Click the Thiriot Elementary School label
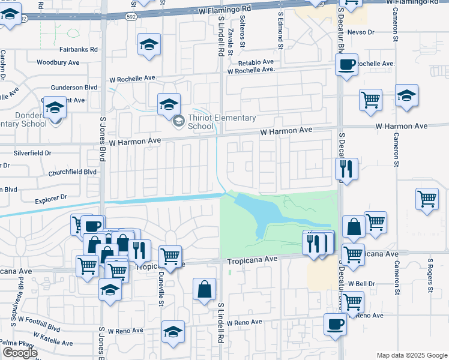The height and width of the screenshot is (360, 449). click(x=221, y=122)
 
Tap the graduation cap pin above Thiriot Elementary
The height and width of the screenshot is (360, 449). click(x=169, y=104)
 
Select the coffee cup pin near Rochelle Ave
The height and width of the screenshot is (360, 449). click(x=346, y=65)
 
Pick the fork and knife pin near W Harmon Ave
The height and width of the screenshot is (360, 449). click(x=346, y=169)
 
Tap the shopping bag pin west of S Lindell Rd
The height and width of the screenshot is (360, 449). click(x=204, y=289)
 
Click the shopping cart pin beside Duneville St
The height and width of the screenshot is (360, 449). click(x=170, y=257)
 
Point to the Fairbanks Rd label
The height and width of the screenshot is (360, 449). click(x=78, y=50)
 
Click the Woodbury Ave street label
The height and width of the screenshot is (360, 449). click(x=58, y=62)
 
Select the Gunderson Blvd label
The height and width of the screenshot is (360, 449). click(x=74, y=87)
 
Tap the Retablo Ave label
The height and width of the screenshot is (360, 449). click(x=256, y=62)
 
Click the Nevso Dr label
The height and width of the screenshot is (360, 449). click(x=361, y=31)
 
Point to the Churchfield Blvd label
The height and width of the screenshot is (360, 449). click(x=73, y=172)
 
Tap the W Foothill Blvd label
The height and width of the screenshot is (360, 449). click(x=39, y=325)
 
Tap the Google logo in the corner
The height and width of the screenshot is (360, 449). click(x=20, y=353)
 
